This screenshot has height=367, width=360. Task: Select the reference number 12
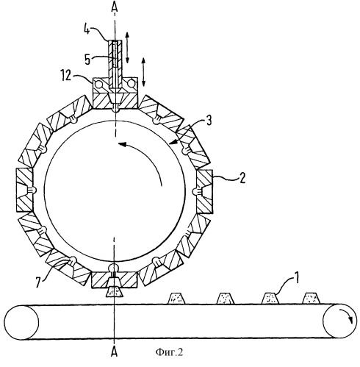(x=65, y=76)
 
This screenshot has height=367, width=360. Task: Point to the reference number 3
(x=209, y=121)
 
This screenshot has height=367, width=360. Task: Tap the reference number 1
(x=296, y=278)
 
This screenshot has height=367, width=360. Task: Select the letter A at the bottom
(x=114, y=352)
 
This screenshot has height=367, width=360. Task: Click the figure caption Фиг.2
(x=169, y=352)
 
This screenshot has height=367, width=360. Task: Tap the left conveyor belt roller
(x=21, y=322)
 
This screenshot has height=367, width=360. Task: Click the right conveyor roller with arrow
(x=339, y=321)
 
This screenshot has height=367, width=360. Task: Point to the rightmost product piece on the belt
(x=311, y=299)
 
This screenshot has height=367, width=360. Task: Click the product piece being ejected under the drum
(x=114, y=292)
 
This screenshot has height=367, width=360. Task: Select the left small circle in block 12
(x=99, y=84)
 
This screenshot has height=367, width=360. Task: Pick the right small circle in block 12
(x=132, y=84)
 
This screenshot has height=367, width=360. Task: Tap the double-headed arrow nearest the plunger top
(x=127, y=47)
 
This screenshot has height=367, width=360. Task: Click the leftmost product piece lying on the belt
(x=176, y=299)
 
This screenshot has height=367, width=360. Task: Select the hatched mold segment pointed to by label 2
(x=205, y=191)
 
